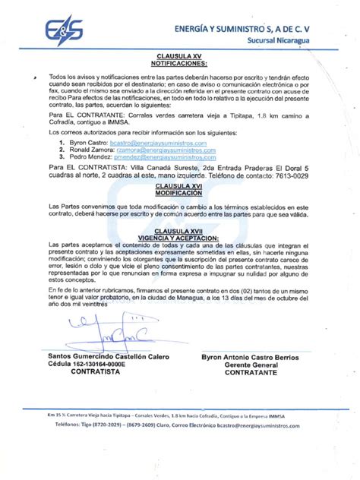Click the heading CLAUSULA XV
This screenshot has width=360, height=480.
click(x=179, y=56)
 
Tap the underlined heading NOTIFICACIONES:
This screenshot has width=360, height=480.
click(x=179, y=63)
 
